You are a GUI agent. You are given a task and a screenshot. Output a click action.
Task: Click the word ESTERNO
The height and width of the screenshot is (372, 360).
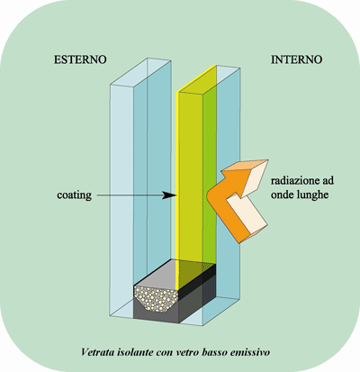click(x=80, y=59)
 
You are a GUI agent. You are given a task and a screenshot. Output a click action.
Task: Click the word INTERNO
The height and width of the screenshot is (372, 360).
click(x=296, y=59)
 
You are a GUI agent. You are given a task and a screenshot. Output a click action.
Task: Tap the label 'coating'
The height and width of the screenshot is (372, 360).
click(x=74, y=195)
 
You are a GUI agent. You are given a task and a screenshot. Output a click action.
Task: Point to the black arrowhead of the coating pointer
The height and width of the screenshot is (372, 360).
click(x=169, y=195)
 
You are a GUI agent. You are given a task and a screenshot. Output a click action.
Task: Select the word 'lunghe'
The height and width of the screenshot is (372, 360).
click(x=312, y=195)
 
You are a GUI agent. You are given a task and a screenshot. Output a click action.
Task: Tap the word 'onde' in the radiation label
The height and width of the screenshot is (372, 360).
click(x=282, y=195)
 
